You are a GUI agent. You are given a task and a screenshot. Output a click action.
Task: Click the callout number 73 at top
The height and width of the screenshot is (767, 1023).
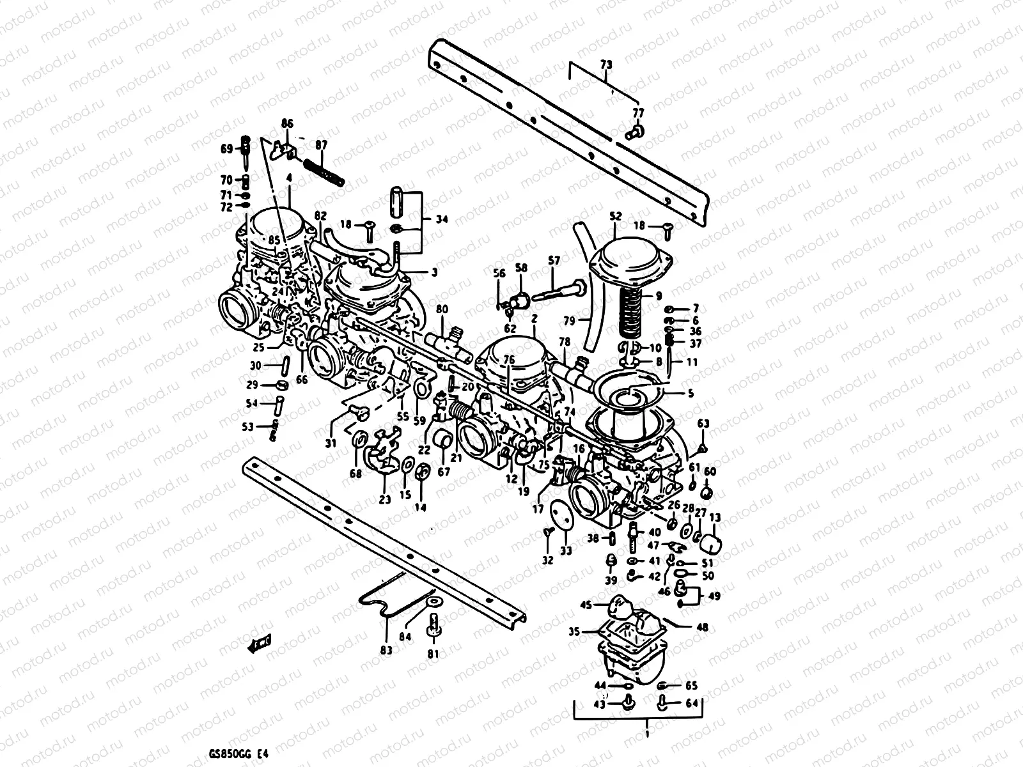[x=605, y=65]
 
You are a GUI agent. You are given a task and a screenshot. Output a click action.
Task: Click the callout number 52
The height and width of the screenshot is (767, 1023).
[x=615, y=217]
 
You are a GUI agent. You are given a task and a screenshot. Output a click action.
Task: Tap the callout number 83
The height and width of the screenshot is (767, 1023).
[x=386, y=649]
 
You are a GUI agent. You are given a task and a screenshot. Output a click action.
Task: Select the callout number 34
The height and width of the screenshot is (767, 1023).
[x=442, y=219]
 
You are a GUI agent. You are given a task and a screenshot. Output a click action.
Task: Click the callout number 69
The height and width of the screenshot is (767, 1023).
[x=227, y=149]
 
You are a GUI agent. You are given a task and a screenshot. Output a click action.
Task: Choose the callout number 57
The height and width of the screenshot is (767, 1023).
[x=554, y=261]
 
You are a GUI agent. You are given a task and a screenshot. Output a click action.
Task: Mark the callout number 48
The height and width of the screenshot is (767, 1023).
[x=702, y=628]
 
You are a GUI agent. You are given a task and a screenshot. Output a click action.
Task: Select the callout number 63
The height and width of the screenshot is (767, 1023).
[x=703, y=423]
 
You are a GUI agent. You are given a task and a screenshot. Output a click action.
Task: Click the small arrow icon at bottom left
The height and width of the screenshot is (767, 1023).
[x=260, y=644]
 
